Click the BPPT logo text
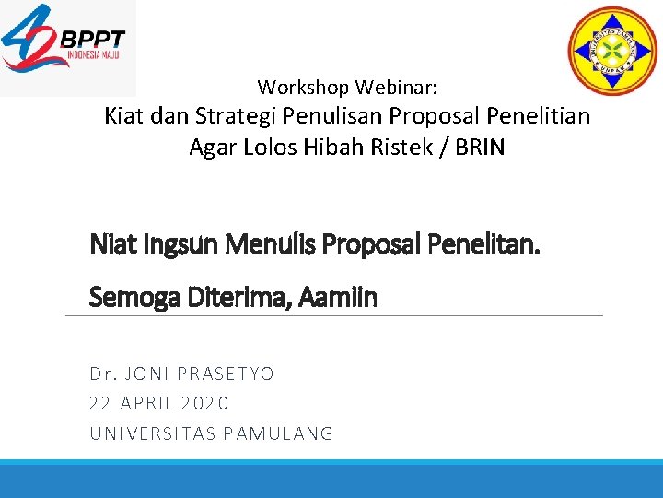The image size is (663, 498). [92, 40]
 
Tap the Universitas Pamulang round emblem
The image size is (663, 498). [612, 47]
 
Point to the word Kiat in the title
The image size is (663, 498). [124, 116]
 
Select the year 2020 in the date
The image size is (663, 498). [205, 403]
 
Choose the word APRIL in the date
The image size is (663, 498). [147, 403]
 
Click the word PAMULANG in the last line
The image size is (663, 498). [280, 433]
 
